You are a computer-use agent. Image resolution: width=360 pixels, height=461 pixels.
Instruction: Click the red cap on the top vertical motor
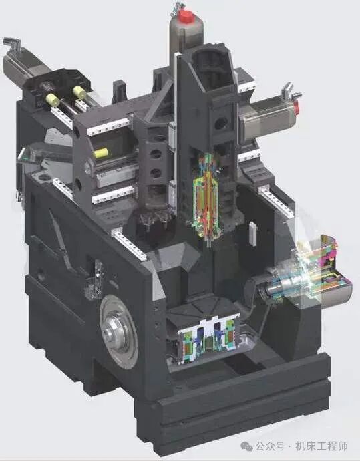click(x=185, y=16)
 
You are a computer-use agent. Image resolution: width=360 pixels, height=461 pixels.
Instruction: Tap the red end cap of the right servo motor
click(x=297, y=108)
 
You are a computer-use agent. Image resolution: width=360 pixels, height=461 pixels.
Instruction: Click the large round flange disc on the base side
click(x=119, y=331)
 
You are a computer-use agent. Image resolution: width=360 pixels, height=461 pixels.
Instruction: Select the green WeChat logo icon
click(x=247, y=446)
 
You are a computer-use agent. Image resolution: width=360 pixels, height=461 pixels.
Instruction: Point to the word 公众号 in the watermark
click(x=270, y=446)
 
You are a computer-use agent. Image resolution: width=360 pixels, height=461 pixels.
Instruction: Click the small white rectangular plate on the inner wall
click(x=253, y=233)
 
